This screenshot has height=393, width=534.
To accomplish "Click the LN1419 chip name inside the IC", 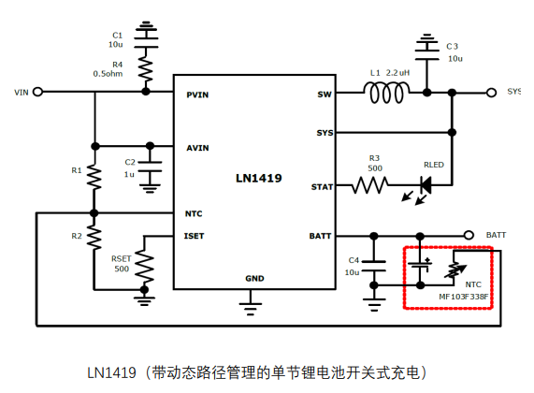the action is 259,178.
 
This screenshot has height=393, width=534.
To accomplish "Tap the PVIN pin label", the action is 197,95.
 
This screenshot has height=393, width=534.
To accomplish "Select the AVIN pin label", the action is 197,148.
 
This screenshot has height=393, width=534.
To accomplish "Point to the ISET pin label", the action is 194,236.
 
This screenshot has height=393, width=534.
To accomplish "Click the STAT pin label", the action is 322,187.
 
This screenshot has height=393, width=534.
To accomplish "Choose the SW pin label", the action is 325,95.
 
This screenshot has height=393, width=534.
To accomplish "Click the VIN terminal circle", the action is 37,92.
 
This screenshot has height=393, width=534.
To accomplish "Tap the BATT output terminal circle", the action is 469,235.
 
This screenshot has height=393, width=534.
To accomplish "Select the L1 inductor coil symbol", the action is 386,92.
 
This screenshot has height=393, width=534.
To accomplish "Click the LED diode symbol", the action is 426,185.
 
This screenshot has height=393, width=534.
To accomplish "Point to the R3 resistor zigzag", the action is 369,185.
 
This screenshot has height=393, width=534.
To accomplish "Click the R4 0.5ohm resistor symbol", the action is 146,69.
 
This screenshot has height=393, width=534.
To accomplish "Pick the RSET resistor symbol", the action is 144,267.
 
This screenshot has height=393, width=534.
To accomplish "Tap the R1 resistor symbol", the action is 94,177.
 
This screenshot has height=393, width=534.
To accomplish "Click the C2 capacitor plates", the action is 150,167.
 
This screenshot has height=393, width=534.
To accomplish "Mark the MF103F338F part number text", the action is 464,297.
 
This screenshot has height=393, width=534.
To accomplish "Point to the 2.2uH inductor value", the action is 397,73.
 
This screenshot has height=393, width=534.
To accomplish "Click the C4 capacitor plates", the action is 374,266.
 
